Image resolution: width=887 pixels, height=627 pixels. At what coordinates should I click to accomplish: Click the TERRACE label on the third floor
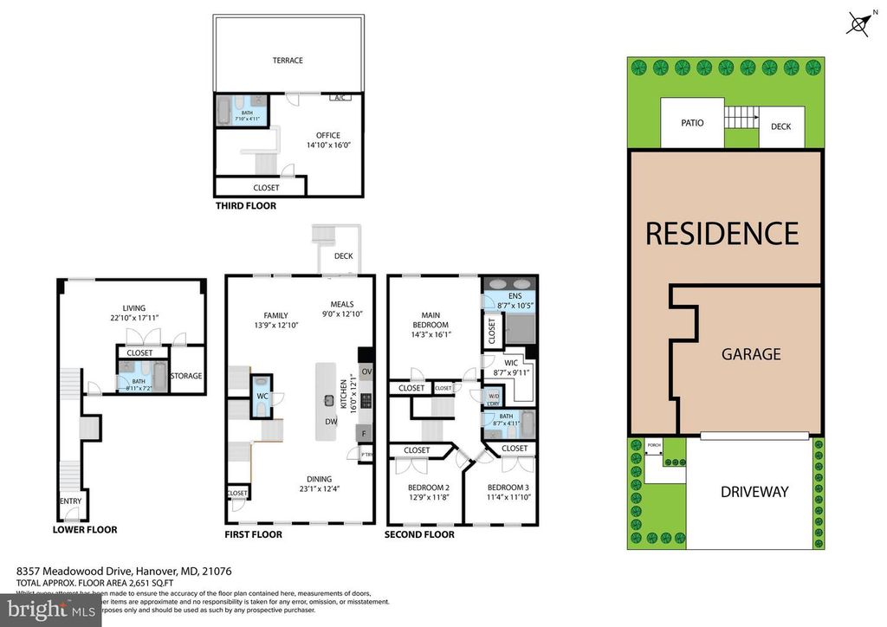[288, 61]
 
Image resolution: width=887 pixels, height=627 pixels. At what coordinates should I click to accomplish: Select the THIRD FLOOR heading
[245, 206]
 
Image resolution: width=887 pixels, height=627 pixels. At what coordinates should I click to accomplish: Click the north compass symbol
[858, 25]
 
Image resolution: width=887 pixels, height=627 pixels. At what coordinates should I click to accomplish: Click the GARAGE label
[752, 353]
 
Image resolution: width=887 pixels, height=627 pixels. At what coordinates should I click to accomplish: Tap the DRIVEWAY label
[754, 492]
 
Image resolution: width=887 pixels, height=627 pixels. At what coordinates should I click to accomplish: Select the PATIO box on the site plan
[691, 124]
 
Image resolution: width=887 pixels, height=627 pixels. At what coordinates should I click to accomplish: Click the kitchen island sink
[330, 400]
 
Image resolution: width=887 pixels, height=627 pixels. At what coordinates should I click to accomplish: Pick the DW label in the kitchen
[330, 422]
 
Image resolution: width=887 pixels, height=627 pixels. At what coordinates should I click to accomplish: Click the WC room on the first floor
[261, 395]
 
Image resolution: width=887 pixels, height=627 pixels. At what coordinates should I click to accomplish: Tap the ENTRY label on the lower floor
[70, 501]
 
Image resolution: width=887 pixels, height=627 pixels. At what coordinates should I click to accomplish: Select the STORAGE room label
[185, 376]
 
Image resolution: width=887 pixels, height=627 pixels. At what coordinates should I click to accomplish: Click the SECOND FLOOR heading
[419, 534]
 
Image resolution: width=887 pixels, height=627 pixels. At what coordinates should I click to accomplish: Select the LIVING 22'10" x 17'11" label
[133, 313]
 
